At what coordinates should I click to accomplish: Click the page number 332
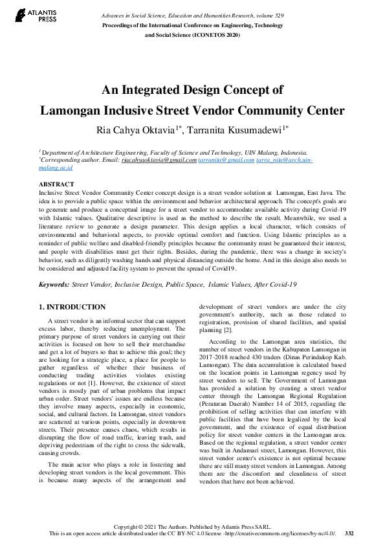pyautogui.click(x=349, y=533)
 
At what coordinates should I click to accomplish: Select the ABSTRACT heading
pyautogui.click(x=56, y=184)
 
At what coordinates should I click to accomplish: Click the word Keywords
pyautogui.click(x=54, y=285)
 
